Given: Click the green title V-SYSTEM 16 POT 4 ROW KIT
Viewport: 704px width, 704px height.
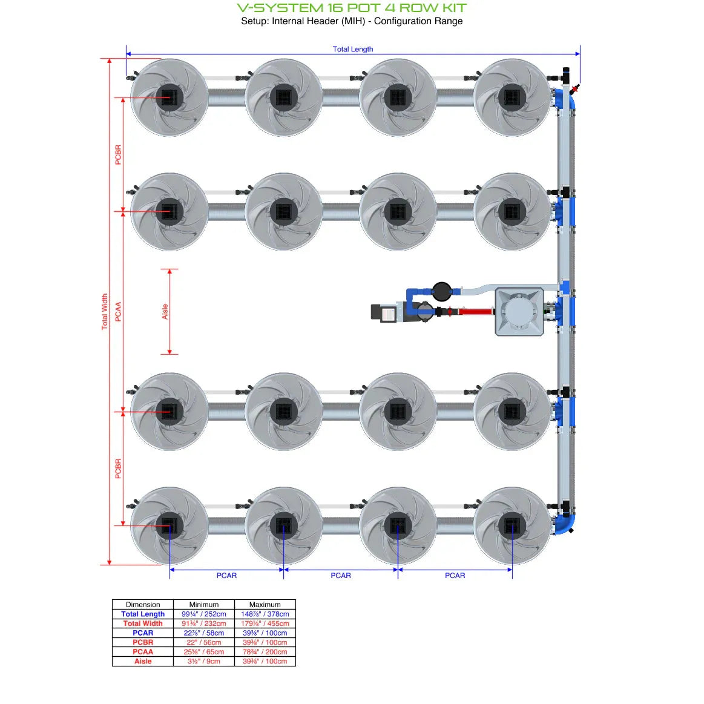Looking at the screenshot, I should pyautogui.click(x=352, y=8).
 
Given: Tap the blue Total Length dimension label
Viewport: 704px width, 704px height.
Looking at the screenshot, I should pyautogui.click(x=352, y=49).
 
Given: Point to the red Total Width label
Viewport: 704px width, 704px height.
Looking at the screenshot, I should pyautogui.click(x=104, y=311).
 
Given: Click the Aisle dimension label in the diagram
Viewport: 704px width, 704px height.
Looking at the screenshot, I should pyautogui.click(x=165, y=311).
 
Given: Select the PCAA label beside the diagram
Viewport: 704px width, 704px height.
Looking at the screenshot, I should pyautogui.click(x=118, y=311).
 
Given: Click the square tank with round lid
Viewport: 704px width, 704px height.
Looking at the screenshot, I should pyautogui.click(x=519, y=311).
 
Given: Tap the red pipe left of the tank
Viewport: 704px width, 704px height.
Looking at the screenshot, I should pyautogui.click(x=476, y=312).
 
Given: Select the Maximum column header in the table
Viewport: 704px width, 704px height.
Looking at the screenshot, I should pyautogui.click(x=265, y=604).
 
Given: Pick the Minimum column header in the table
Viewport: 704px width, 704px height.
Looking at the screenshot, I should pyautogui.click(x=203, y=604).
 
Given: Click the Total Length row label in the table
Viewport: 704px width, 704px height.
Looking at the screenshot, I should pyautogui.click(x=143, y=614).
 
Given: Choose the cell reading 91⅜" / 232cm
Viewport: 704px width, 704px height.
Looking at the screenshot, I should pyautogui.click(x=203, y=623).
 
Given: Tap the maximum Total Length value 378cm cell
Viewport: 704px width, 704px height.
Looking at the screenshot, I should pyautogui.click(x=265, y=614).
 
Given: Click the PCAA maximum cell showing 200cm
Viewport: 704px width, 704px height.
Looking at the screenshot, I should pyautogui.click(x=265, y=652).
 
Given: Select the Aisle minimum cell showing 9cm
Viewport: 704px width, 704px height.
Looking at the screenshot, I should pyautogui.click(x=203, y=661).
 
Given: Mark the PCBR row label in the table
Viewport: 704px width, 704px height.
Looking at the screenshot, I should pyautogui.click(x=143, y=642).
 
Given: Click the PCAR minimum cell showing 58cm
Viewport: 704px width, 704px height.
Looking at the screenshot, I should pyautogui.click(x=203, y=633).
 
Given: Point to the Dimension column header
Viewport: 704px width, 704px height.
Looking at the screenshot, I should pyautogui.click(x=143, y=604).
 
